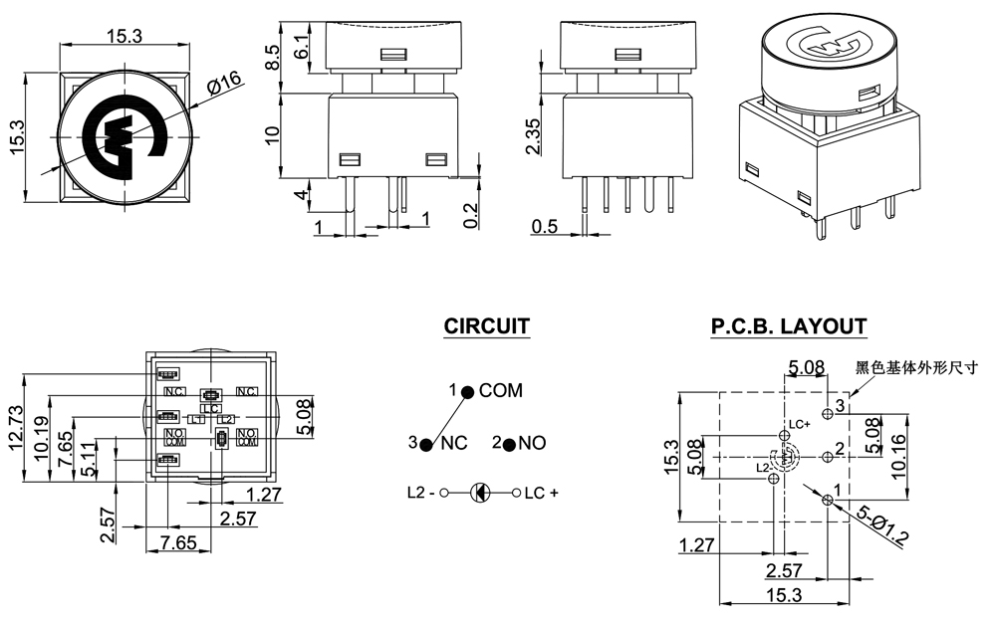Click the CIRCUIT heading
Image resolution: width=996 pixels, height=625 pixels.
point(486,326)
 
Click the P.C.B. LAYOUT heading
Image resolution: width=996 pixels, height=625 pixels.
point(788,326)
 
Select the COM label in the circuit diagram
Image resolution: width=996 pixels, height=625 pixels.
point(500,391)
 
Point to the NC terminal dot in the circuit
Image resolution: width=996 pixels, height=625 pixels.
point(426,444)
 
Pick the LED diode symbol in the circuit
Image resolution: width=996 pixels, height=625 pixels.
point(480,492)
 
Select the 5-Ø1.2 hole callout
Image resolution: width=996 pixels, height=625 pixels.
point(883,525)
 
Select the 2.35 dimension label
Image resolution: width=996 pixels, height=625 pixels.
point(534,136)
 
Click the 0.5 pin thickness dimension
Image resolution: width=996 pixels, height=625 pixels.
point(545,227)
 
